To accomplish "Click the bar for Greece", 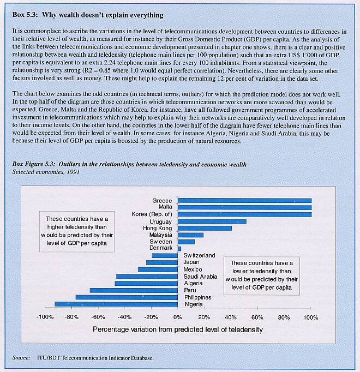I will click(x=244, y=201).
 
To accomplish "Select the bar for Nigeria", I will click(x=116, y=304).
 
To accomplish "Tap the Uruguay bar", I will click(x=212, y=221).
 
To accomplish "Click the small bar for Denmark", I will click(x=179, y=249).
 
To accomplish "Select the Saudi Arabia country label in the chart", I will click(x=201, y=277).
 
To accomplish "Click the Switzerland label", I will click(x=200, y=256).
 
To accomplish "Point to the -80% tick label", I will click(x=70, y=317).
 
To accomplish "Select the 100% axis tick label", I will click(x=310, y=317).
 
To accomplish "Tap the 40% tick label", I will click(x=231, y=317).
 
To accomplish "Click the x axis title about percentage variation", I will click(x=178, y=329).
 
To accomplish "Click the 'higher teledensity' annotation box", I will click(x=80, y=232).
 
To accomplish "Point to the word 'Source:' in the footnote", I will click(x=21, y=358).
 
